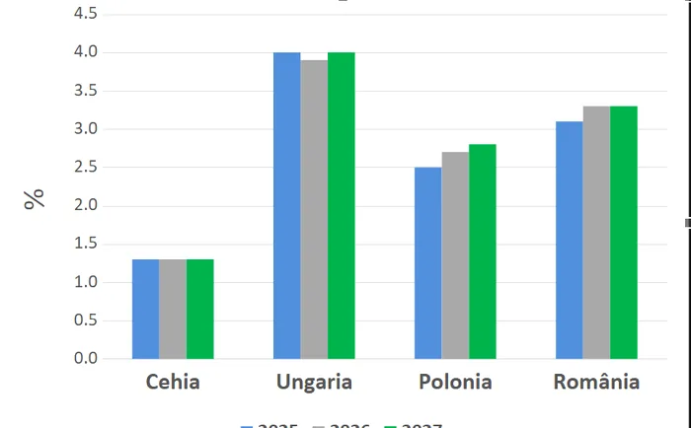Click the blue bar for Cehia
point(145,309)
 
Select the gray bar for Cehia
point(173,309)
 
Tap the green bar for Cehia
point(200,309)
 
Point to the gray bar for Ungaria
point(314,209)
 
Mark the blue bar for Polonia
point(427,263)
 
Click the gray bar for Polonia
point(455,255)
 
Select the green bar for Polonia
point(483,251)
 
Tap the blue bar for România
point(569,240)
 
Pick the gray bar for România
point(596,232)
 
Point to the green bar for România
point(624,232)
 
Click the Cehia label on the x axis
point(173,382)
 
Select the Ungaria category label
point(314,382)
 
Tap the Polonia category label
point(455,382)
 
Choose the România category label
point(596,382)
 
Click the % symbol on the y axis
point(36,198)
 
